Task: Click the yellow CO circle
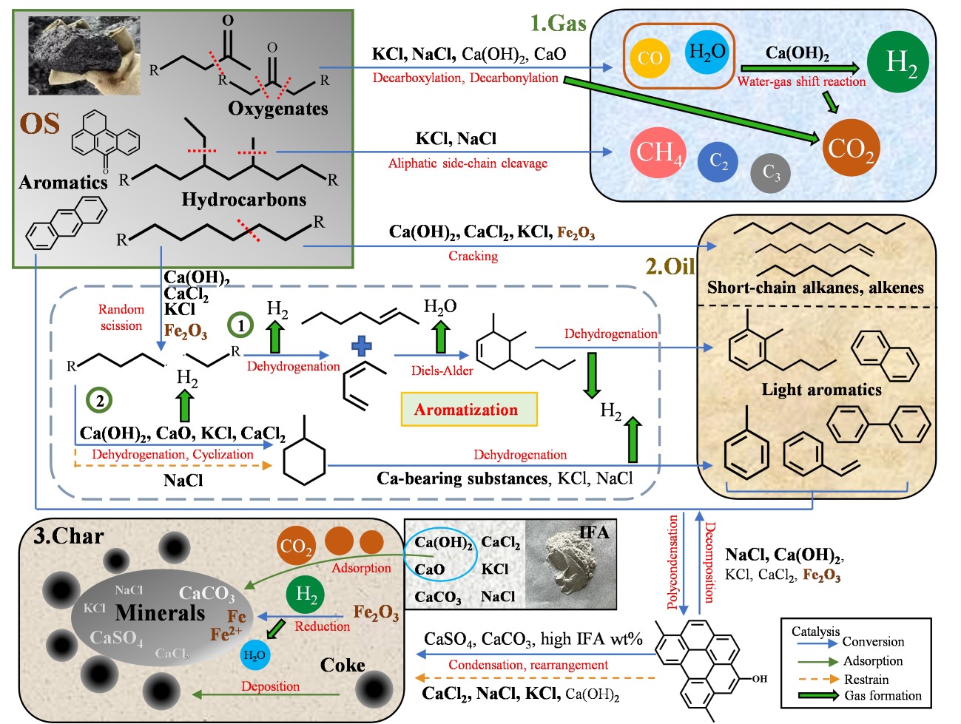tap(650, 58)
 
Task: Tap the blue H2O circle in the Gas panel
tap(707, 52)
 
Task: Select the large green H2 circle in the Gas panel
tap(900, 62)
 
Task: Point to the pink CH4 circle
tap(658, 152)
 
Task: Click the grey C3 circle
tap(771, 173)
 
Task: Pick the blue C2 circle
tap(718, 161)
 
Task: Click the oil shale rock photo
tap(84, 56)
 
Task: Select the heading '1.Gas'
tap(558, 23)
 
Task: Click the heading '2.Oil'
tap(670, 265)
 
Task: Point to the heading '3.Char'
tap(69, 536)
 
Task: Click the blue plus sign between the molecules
tap(362, 345)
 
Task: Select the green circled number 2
tap(99, 400)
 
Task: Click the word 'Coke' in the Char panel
tap(343, 666)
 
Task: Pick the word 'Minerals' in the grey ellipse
tap(160, 612)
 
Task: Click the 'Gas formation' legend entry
tap(883, 696)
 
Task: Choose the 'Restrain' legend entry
tap(866, 680)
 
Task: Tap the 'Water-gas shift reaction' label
tap(801, 81)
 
